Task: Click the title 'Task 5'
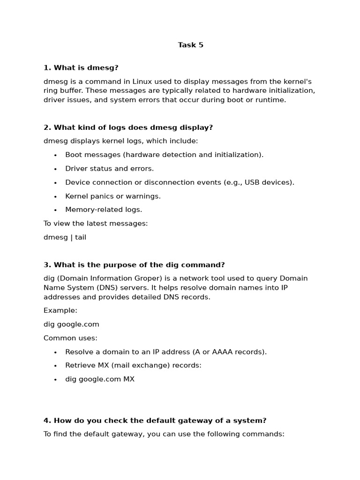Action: pos(190,45)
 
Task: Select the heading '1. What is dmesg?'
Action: pos(81,68)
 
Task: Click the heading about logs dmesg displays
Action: pos(128,127)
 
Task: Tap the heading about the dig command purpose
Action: pos(134,265)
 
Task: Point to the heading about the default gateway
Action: pos(155,420)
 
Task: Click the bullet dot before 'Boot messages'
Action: pos(55,155)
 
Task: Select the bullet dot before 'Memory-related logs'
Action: pos(55,210)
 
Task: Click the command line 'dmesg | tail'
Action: pos(65,237)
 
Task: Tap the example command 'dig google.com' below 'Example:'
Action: pos(71,324)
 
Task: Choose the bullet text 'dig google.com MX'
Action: pos(100,379)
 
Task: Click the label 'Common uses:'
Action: pos(70,338)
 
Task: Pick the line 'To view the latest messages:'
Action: pos(96,224)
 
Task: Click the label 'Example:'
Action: pos(60,310)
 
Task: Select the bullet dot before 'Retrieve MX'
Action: pos(55,366)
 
